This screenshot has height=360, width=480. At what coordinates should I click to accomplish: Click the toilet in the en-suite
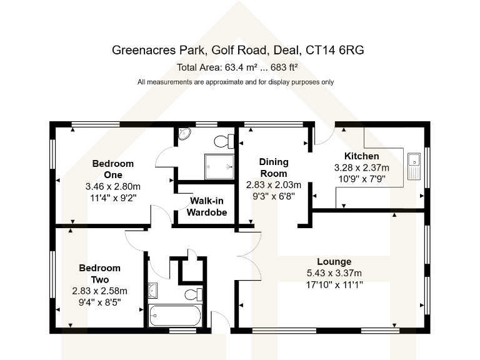tap(224, 139)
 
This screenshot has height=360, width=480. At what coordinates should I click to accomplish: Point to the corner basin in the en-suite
tap(185, 134)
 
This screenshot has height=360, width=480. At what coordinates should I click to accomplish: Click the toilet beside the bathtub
tap(193, 294)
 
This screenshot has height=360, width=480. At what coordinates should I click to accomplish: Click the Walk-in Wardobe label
tap(207, 207)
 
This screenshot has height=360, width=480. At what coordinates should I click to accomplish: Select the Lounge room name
tap(334, 261)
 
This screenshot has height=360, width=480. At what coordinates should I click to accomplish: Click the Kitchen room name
tap(361, 156)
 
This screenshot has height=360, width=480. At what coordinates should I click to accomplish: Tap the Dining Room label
tap(273, 167)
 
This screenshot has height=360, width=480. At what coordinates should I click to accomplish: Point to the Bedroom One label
tap(112, 169)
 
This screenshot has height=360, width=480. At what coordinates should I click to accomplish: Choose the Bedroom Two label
tap(99, 274)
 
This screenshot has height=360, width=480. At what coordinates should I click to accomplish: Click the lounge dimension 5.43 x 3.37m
tap(334, 273)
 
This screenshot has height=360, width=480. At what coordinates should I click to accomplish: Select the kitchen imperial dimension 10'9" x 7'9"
tap(361, 179)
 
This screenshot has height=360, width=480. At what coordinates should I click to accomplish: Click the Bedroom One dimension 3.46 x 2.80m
tap(112, 186)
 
